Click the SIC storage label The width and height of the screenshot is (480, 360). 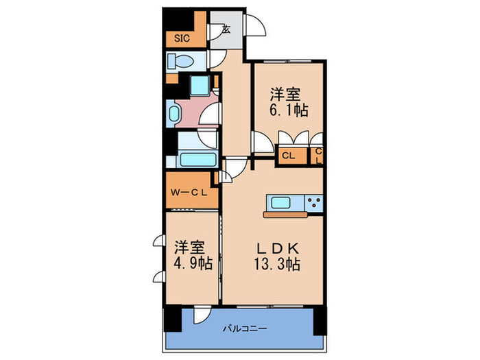point(182,39)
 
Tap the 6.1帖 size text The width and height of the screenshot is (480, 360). point(287,111)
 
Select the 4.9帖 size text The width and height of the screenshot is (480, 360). point(192,263)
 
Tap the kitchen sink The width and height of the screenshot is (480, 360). point(281,202)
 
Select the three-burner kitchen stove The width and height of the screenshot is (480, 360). point(314,203)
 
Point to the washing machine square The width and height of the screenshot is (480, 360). point(201,86)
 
